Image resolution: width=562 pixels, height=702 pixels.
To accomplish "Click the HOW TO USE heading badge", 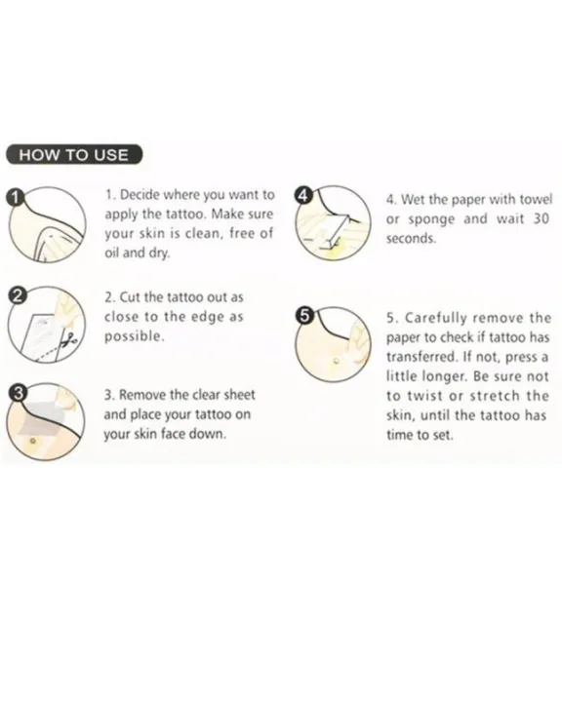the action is (x=74, y=154).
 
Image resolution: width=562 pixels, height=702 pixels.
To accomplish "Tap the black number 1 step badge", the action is (x=17, y=197).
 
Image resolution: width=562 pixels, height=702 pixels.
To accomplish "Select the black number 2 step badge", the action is (x=18, y=295).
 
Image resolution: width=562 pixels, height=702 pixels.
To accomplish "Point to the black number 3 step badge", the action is (x=18, y=393).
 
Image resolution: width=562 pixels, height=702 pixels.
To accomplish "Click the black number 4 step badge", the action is (x=303, y=195).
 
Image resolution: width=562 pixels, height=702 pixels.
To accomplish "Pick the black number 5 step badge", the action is (x=303, y=316).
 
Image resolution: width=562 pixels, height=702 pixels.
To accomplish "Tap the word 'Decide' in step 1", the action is (x=137, y=195).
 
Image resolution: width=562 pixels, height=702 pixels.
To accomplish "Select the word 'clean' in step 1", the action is (x=203, y=233).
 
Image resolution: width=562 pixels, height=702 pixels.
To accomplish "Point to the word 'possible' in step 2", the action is (x=133, y=336).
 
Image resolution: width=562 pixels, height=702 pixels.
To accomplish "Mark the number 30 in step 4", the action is (x=541, y=218).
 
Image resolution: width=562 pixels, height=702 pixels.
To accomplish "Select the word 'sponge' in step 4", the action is (x=431, y=219).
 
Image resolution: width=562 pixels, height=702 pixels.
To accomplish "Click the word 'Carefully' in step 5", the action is (x=435, y=319).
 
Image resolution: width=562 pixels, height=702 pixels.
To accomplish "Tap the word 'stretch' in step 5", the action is (x=495, y=396).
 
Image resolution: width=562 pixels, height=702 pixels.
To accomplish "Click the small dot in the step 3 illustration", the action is (x=32, y=441).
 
